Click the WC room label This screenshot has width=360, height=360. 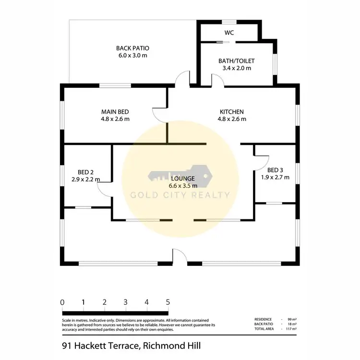pos(228,33)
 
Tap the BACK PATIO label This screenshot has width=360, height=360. pos(133,48)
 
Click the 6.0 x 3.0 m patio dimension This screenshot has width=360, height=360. pos(133,56)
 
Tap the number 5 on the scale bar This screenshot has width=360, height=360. pos(168,302)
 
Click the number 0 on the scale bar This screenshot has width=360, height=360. pos(62,302)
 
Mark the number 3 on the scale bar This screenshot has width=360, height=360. pos(125,302)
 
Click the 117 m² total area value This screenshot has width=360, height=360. pos(290,328)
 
